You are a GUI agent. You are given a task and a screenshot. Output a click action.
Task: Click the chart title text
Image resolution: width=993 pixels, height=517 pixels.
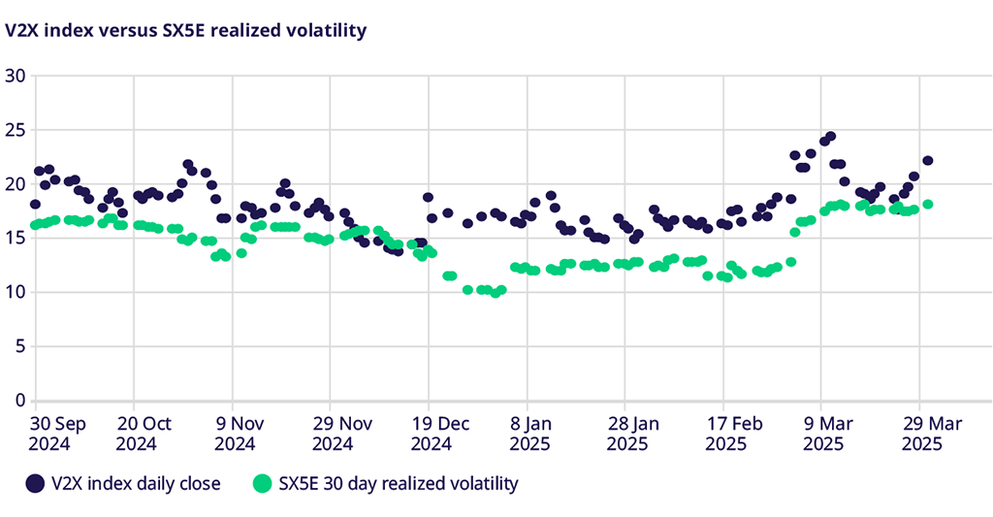point(185,30)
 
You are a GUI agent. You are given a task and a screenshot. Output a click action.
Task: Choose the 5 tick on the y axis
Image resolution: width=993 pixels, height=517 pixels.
point(18,346)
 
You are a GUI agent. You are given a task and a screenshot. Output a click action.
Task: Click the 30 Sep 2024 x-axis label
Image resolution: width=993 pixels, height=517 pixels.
point(58,434)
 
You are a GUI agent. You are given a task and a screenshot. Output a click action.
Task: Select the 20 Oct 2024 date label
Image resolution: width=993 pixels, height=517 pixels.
point(144,434)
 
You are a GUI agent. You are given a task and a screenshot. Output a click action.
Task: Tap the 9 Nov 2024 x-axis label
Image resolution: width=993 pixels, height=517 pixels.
point(234,434)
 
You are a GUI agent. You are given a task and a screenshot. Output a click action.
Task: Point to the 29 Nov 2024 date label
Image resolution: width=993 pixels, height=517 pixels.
point(332,434)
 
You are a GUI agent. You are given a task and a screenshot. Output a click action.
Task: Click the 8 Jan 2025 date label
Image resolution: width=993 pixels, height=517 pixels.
point(529,434)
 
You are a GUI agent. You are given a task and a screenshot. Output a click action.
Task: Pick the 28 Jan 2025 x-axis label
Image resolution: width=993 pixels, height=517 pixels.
point(626,434)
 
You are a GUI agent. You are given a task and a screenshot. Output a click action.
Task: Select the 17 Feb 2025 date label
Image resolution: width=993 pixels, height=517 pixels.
point(725,434)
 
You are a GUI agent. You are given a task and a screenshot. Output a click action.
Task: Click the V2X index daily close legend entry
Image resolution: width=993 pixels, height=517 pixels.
point(124,483)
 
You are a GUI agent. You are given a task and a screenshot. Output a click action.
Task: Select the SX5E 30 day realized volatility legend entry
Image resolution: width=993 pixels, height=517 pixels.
point(386,483)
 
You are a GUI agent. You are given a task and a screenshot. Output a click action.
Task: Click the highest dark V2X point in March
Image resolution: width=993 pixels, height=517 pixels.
point(830,137)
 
